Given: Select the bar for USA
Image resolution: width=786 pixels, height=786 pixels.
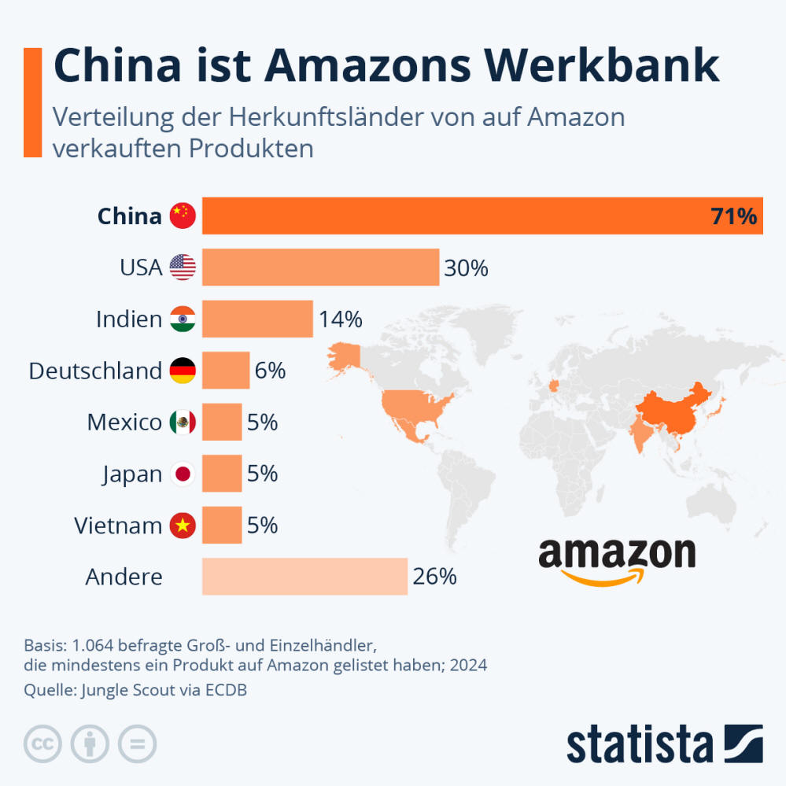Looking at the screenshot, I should (320, 268).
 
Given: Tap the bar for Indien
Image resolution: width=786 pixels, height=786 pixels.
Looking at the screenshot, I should (257, 319).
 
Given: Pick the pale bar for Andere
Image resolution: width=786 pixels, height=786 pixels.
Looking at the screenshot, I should (304, 576).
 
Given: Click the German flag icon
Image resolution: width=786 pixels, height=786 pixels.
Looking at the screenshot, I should (183, 371).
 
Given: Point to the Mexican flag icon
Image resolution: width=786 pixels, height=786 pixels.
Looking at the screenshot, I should (183, 423).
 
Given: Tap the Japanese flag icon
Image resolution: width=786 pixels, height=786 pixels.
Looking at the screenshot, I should (183, 474).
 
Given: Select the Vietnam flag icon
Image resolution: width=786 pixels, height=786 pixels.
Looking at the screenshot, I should (183, 526).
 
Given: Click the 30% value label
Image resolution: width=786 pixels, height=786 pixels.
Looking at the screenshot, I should (466, 268).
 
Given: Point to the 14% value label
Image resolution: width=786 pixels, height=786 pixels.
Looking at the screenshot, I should (340, 319).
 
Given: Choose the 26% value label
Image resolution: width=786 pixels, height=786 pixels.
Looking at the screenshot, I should (434, 577).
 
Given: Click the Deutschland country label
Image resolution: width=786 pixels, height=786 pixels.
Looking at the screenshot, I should (95, 371).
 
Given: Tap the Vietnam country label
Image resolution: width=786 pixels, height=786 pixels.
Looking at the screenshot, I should (118, 526).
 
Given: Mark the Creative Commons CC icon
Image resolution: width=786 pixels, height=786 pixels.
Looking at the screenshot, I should (43, 744).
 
